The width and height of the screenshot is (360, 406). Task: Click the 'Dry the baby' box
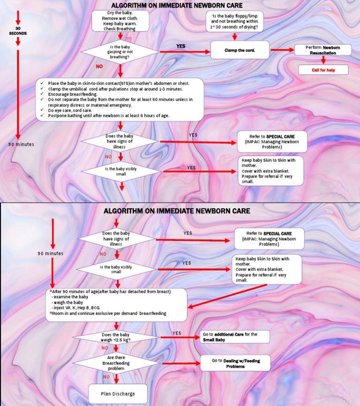tap(120, 21)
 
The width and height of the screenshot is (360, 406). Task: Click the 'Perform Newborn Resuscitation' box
tap(322, 50)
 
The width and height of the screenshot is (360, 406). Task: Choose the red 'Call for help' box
tap(323, 70)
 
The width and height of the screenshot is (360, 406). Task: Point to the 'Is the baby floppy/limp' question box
tap(234, 21)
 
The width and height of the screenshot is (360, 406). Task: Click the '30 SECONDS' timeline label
tap(18, 34)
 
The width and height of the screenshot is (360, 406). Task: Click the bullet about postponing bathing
tap(108, 115)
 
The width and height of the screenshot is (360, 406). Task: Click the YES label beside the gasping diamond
tap(180, 46)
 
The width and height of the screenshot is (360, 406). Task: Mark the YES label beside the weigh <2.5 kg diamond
tap(177, 333)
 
